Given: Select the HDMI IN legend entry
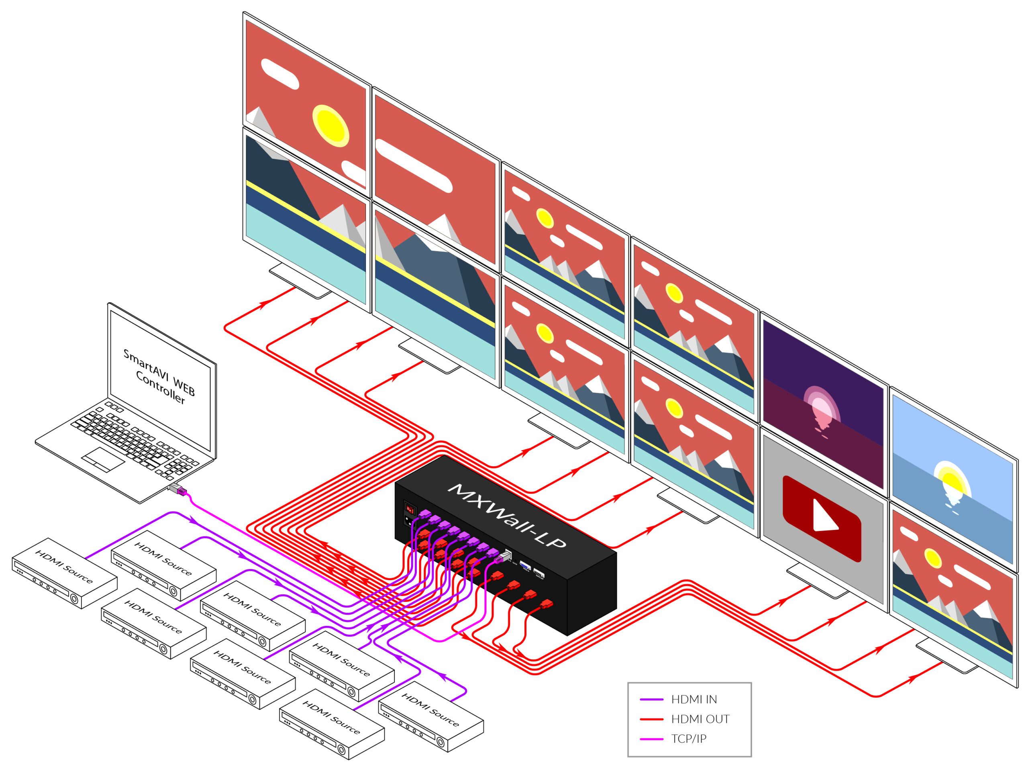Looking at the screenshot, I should click(694, 699).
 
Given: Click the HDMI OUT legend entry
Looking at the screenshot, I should click(700, 719).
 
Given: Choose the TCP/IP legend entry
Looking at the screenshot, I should click(688, 738).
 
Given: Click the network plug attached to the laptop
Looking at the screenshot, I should click(178, 490).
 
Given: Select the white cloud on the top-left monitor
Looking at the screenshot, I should click(279, 73).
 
